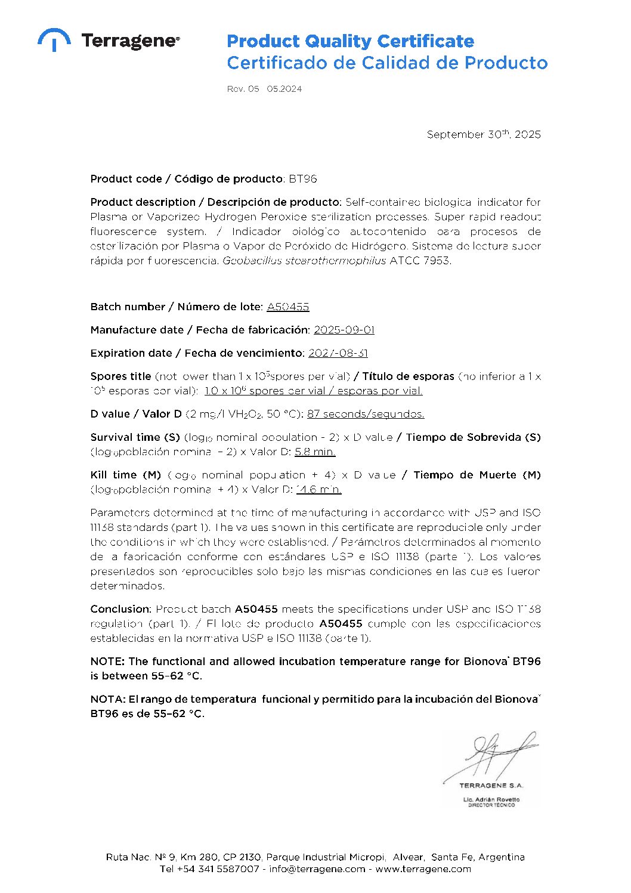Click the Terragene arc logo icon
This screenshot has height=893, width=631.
click(54, 39)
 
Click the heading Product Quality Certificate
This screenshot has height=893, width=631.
click(350, 41)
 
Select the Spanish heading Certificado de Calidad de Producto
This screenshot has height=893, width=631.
click(386, 63)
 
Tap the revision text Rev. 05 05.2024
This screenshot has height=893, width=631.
click(264, 89)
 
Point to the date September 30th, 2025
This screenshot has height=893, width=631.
click(483, 134)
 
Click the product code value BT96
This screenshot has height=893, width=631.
click(303, 179)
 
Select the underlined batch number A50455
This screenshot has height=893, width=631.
click(288, 307)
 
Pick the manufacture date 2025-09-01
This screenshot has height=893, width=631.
click(344, 330)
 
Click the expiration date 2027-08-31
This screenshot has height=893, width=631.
click(338, 353)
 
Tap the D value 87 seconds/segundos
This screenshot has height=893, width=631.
click(366, 414)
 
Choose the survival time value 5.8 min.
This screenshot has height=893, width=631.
click(315, 452)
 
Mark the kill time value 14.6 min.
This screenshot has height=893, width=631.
click(318, 489)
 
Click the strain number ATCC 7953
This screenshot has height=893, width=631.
click(420, 261)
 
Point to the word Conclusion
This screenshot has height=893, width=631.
click(120, 609)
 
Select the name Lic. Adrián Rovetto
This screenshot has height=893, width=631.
click(491, 799)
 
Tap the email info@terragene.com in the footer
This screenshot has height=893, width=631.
click(317, 869)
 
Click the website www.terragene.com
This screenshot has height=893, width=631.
click(423, 869)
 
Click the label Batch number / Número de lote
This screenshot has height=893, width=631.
click(177, 307)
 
